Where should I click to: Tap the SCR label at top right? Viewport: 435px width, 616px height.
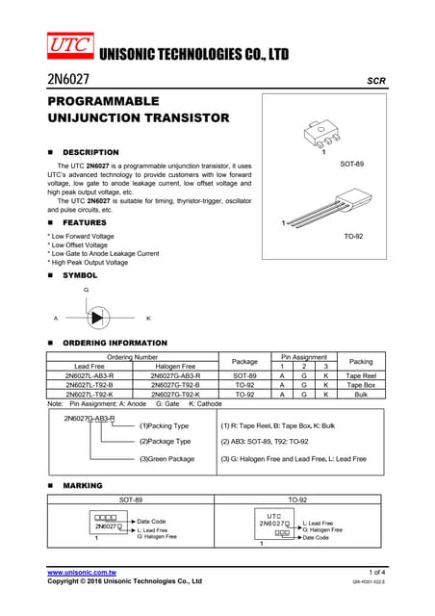pos(376,82)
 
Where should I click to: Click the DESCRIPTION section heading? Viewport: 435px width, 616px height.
pos(90,152)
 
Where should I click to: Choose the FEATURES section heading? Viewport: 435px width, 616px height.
pos(84,222)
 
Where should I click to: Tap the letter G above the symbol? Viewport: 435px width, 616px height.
pos(87,289)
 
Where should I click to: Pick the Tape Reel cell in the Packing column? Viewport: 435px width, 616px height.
pos(361,375)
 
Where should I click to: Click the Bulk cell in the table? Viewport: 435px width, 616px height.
pos(361,395)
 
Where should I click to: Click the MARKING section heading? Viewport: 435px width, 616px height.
pos(82,485)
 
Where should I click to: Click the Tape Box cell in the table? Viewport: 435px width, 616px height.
pos(361,385)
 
